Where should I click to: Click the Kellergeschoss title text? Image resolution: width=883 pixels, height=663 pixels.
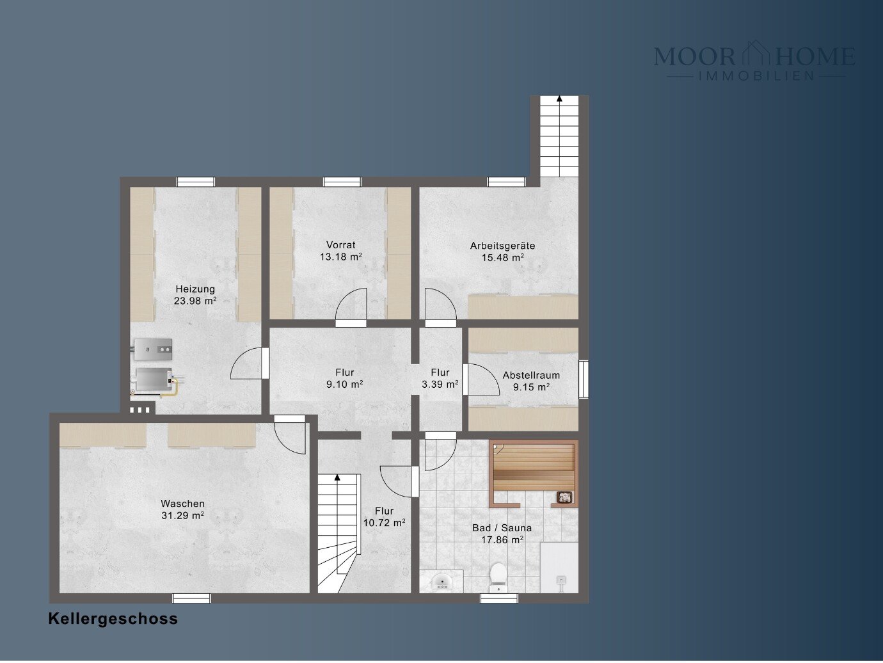[x=113, y=619]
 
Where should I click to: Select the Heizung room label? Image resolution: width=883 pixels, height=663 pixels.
[x=195, y=289]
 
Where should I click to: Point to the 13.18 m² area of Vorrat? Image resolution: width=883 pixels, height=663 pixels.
[x=341, y=257]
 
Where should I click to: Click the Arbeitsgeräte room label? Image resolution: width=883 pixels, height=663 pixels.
[x=502, y=245]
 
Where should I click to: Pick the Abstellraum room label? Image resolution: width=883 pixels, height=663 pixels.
[x=531, y=376]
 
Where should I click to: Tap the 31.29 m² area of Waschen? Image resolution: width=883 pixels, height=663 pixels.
[x=182, y=515]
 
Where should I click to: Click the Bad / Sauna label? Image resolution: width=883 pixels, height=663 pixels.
[x=502, y=528]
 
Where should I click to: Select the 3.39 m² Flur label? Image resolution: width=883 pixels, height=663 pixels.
[x=440, y=384]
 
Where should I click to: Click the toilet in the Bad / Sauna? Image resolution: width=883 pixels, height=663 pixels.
[x=498, y=577]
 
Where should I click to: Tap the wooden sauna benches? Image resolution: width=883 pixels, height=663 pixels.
[x=534, y=467]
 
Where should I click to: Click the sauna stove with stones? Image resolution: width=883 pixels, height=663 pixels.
[x=565, y=497]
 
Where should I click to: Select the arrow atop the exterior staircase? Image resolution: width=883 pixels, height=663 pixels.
[x=559, y=98]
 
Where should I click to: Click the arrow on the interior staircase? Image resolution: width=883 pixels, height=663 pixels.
[x=337, y=477]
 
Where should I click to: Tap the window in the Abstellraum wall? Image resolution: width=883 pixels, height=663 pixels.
[x=584, y=379]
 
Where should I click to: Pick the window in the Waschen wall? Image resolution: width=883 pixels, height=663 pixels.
[x=191, y=598]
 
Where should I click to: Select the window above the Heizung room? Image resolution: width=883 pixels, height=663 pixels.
[x=196, y=182]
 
